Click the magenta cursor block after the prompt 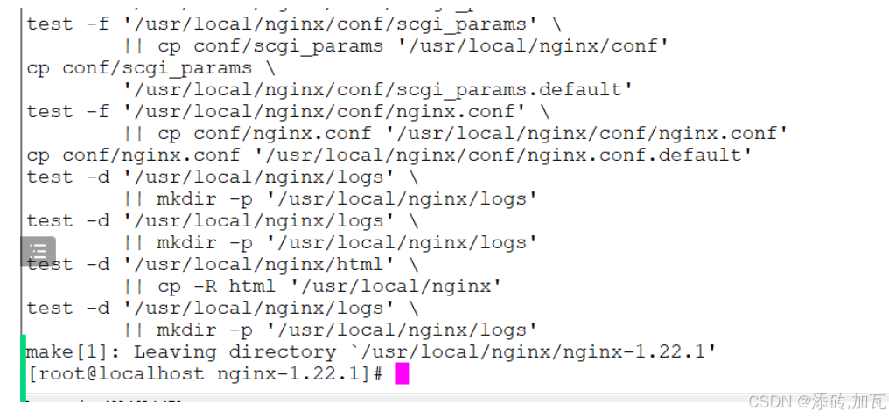click(402, 374)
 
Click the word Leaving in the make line click(175, 352)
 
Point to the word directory click(282, 352)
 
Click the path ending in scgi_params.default click(377, 89)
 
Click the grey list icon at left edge click(38, 252)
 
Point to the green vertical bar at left click(23, 367)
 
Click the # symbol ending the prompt click(378, 374)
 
